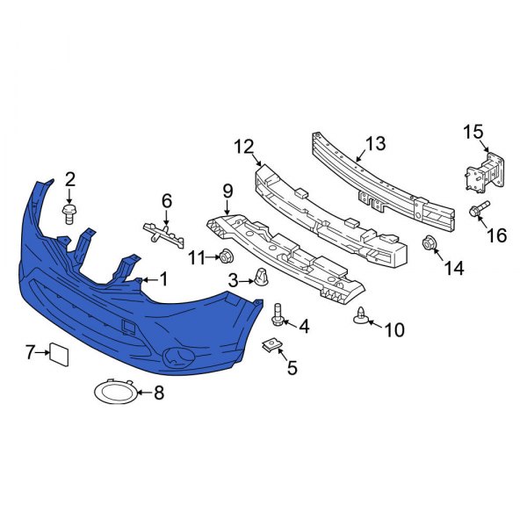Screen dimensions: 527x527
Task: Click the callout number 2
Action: (70, 179)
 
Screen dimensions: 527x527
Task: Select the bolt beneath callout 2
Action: (70, 212)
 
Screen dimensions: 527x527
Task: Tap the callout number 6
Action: (167, 201)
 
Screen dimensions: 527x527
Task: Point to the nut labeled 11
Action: (226, 257)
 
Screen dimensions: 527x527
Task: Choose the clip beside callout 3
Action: (262, 278)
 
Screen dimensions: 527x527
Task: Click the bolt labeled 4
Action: (279, 312)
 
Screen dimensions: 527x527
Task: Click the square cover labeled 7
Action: (60, 353)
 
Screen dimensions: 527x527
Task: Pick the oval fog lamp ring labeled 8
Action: (112, 390)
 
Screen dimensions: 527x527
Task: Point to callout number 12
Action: (243, 146)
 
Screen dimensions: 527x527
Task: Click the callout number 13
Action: (375, 143)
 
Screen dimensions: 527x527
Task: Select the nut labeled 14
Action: (430, 243)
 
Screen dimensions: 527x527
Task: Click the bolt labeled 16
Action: (477, 211)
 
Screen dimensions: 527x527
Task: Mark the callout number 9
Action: (227, 190)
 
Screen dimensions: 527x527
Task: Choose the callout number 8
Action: (158, 393)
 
